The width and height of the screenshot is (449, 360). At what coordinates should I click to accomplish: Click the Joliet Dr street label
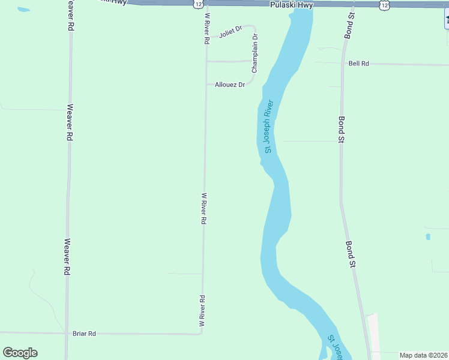pyautogui.click(x=230, y=32)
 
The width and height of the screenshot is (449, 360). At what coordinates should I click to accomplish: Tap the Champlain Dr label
pyautogui.click(x=255, y=53)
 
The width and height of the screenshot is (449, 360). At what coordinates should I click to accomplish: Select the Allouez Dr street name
pyautogui.click(x=230, y=85)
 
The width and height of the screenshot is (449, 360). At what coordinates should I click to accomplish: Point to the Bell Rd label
pyautogui.click(x=358, y=63)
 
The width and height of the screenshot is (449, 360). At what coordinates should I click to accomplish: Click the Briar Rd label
pyautogui.click(x=84, y=334)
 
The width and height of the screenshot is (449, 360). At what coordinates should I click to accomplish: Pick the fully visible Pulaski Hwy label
pyautogui.click(x=291, y=5)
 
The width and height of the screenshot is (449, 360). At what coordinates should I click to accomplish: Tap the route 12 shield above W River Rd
pyautogui.click(x=198, y=4)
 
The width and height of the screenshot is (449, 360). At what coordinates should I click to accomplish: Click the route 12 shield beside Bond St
pyautogui.click(x=384, y=4)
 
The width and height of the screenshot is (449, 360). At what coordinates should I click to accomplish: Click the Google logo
pyautogui.click(x=20, y=353)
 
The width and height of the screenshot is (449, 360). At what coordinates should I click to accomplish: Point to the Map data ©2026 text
pyautogui.click(x=423, y=355)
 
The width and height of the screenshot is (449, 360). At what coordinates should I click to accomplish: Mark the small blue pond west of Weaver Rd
pyautogui.click(x=23, y=10)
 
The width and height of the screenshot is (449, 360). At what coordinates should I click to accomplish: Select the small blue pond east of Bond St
pyautogui.click(x=428, y=236)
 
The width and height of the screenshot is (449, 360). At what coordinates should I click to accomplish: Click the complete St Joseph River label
pyautogui.click(x=269, y=126)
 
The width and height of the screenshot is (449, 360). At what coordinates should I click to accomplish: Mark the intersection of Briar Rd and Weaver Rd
pyautogui.click(x=66, y=333)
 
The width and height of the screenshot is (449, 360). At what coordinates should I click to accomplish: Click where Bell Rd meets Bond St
pyautogui.click(x=343, y=62)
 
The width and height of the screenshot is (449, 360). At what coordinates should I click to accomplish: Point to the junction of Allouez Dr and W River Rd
pyautogui.click(x=206, y=85)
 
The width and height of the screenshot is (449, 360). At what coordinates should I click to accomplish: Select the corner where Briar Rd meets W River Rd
pyautogui.click(x=202, y=333)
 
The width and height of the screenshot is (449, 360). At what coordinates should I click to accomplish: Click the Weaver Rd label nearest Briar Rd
pyautogui.click(x=67, y=258)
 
